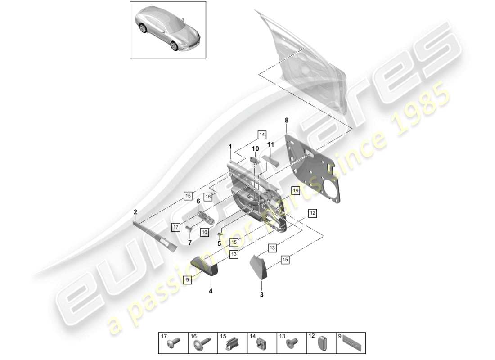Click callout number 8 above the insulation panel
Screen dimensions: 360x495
coord(286,120)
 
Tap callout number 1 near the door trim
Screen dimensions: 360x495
coord(230,146)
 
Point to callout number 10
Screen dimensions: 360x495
coord(255,148)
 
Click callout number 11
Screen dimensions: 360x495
coord(270,144)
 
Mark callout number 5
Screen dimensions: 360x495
coord(220,243)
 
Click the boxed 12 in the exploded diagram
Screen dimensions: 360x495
coord(312,212)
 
